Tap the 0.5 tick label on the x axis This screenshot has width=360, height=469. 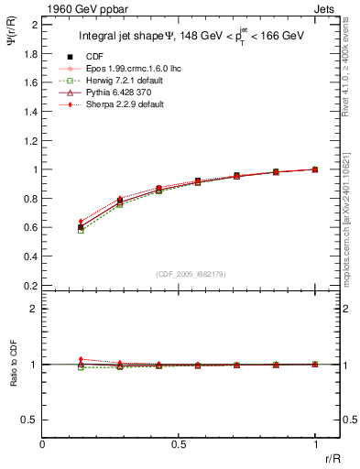(x=179, y=443)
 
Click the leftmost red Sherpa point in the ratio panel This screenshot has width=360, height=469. (x=81, y=359)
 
